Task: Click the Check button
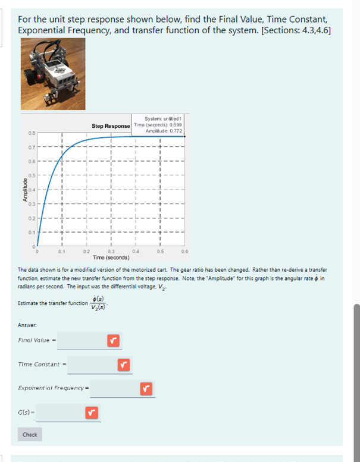[x=30, y=435]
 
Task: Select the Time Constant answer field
[x=92, y=364]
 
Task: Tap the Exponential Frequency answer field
[x=114, y=389]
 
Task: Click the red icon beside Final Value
[x=114, y=341]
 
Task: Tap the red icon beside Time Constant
[x=124, y=364]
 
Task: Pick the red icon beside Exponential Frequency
[x=146, y=389]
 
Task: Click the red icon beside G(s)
[x=91, y=411]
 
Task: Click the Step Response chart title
[x=111, y=126]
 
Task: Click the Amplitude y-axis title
[x=24, y=189]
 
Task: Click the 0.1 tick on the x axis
[x=61, y=252]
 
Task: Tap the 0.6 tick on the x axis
[x=184, y=252]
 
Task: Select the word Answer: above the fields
[x=26, y=325]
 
